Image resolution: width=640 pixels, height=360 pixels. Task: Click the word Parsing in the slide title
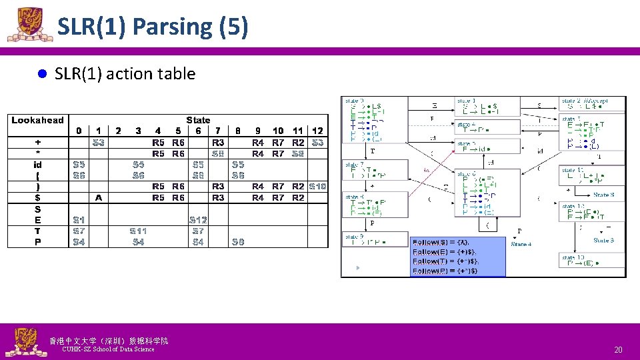pyautogui.click(x=173, y=27)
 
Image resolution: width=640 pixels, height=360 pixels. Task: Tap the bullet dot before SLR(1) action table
pyautogui.click(x=40, y=74)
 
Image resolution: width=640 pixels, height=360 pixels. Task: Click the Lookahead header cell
pyautogui.click(x=37, y=120)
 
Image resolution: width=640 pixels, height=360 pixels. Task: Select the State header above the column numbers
pyautogui.click(x=198, y=120)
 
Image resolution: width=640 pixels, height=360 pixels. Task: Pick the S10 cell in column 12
pyautogui.click(x=317, y=186)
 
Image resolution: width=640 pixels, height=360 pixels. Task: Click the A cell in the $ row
pyautogui.click(x=99, y=197)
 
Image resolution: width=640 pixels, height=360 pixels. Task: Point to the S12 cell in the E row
pyautogui.click(x=198, y=219)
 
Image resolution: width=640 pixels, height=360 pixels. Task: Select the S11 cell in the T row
pyautogui.click(x=138, y=231)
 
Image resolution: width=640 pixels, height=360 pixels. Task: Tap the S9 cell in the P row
pyautogui.click(x=238, y=241)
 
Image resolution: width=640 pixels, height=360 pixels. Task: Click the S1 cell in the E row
pyautogui.click(x=79, y=219)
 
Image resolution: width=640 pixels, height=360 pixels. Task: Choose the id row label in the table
pyautogui.click(x=37, y=164)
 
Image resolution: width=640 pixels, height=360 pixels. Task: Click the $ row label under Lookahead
pyautogui.click(x=37, y=197)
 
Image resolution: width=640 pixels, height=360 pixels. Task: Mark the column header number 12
pyautogui.click(x=317, y=131)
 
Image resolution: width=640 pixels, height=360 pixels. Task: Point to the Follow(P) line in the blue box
pyautogui.click(x=445, y=271)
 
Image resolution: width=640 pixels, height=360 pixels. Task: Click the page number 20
pyautogui.click(x=618, y=349)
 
